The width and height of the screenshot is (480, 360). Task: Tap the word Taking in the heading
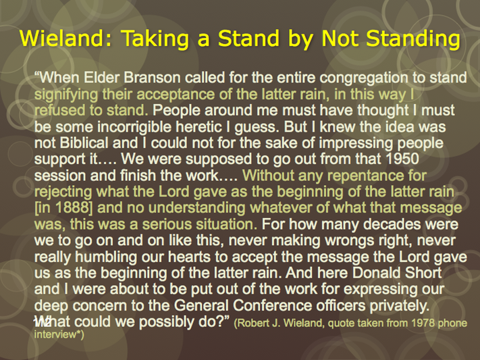tap(155, 39)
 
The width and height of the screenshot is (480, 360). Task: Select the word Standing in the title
tap(413, 39)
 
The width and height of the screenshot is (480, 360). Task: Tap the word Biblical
tap(84, 143)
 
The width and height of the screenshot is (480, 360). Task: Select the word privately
tap(399, 306)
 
